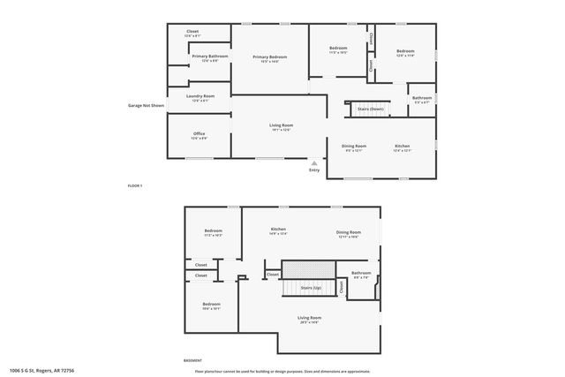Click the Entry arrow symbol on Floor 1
314,162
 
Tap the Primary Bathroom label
210,57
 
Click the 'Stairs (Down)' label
370,108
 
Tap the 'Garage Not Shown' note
146,105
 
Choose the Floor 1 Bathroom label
421,98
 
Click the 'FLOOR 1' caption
135,185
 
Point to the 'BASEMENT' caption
192,360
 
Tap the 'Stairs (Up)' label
311,288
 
